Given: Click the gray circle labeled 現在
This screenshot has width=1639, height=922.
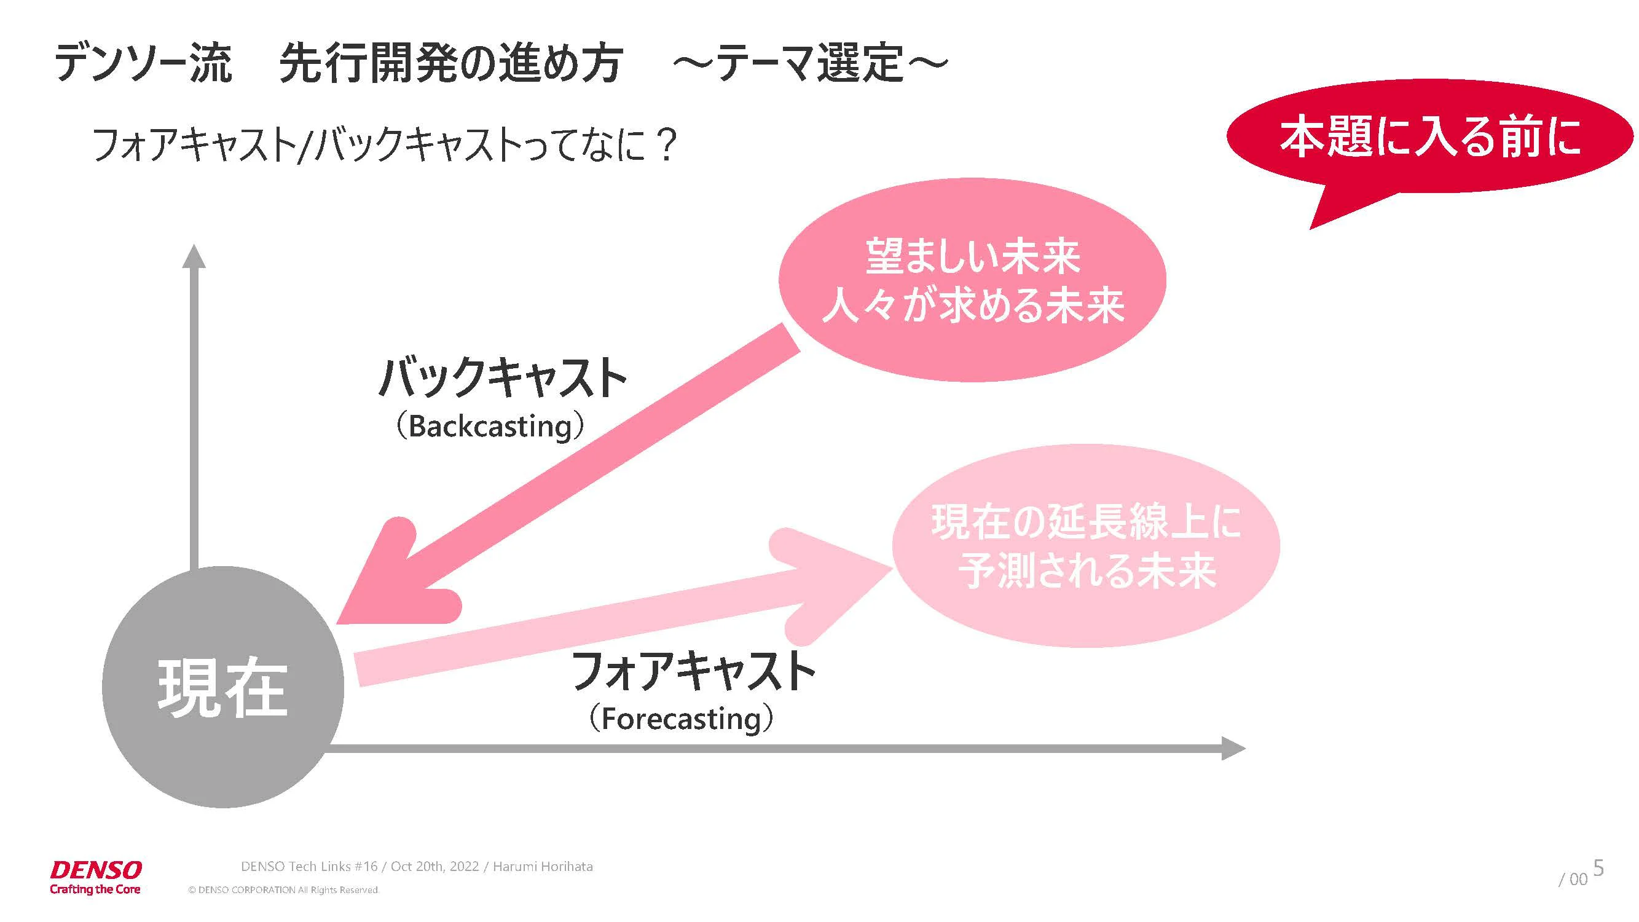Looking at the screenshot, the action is click(222, 687).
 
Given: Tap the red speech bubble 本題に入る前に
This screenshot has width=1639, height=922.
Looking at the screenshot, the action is click(1429, 137).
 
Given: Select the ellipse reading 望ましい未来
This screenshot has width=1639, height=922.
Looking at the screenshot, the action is click(972, 280).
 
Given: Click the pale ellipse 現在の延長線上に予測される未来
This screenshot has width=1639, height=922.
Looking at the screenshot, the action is click(1086, 546).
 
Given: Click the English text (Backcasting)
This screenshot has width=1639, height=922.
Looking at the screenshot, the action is click(489, 427).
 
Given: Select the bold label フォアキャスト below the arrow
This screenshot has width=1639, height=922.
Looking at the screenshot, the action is click(694, 671).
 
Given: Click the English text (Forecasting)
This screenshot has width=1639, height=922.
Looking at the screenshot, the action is click(681, 719).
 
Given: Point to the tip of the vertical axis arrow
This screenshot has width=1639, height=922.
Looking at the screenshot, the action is click(194, 245).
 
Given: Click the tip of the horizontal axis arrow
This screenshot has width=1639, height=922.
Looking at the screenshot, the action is click(1245, 748).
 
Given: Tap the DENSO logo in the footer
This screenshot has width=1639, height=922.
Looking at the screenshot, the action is click(95, 877).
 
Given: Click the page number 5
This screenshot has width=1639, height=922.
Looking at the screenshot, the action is click(1598, 867).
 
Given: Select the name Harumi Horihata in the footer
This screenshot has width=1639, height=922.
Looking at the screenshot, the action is click(543, 866).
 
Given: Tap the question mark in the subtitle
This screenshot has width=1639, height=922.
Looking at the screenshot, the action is click(666, 144).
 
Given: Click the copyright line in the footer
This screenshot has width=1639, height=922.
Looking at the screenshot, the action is click(283, 889).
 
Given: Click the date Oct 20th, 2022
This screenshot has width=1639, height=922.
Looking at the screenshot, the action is click(434, 866).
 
